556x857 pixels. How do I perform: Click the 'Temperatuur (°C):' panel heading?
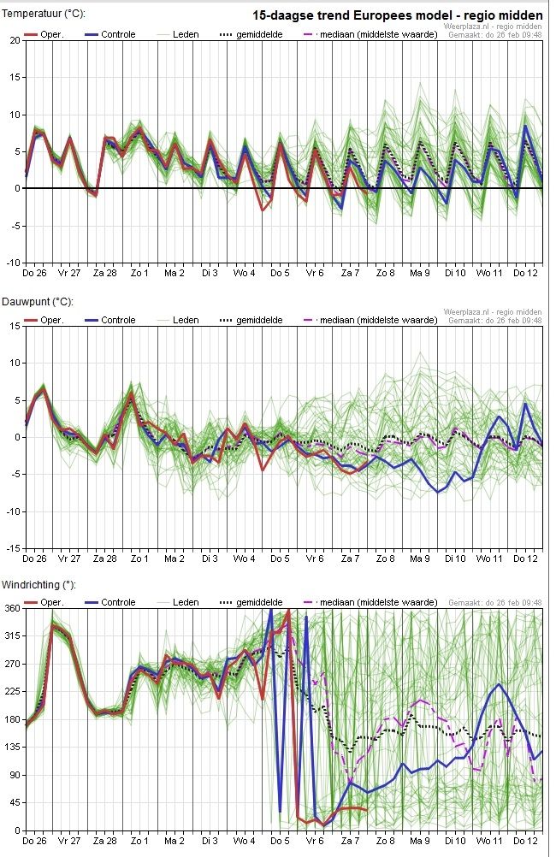coord(44,13)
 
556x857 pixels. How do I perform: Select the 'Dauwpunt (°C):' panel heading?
coord(38,302)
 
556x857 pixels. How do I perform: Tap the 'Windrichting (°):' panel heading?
coord(38,585)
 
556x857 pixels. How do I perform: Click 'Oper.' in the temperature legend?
coord(52,34)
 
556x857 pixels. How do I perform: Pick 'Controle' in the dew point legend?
coord(118,320)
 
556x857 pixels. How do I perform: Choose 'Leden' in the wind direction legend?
coord(186,602)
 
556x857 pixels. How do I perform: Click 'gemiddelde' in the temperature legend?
coord(260,34)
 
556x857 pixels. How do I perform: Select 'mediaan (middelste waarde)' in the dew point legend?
coord(379,320)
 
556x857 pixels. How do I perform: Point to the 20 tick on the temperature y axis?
coord(15,40)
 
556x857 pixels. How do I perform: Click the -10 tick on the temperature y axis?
coord(13,263)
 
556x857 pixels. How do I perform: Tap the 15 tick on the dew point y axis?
coord(15,326)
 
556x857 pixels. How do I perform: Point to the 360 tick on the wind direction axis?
coord(13,608)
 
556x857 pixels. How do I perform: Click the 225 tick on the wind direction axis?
coord(13,691)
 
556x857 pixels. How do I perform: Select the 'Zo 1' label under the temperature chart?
coord(139,273)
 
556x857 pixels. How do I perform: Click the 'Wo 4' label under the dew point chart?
coord(244,559)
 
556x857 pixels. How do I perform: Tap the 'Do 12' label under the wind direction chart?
coord(525,841)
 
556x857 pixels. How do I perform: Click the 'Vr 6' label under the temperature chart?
coord(315,273)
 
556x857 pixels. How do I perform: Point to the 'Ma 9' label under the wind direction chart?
coord(420,841)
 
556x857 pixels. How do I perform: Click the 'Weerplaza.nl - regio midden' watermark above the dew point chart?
coord(493,312)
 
